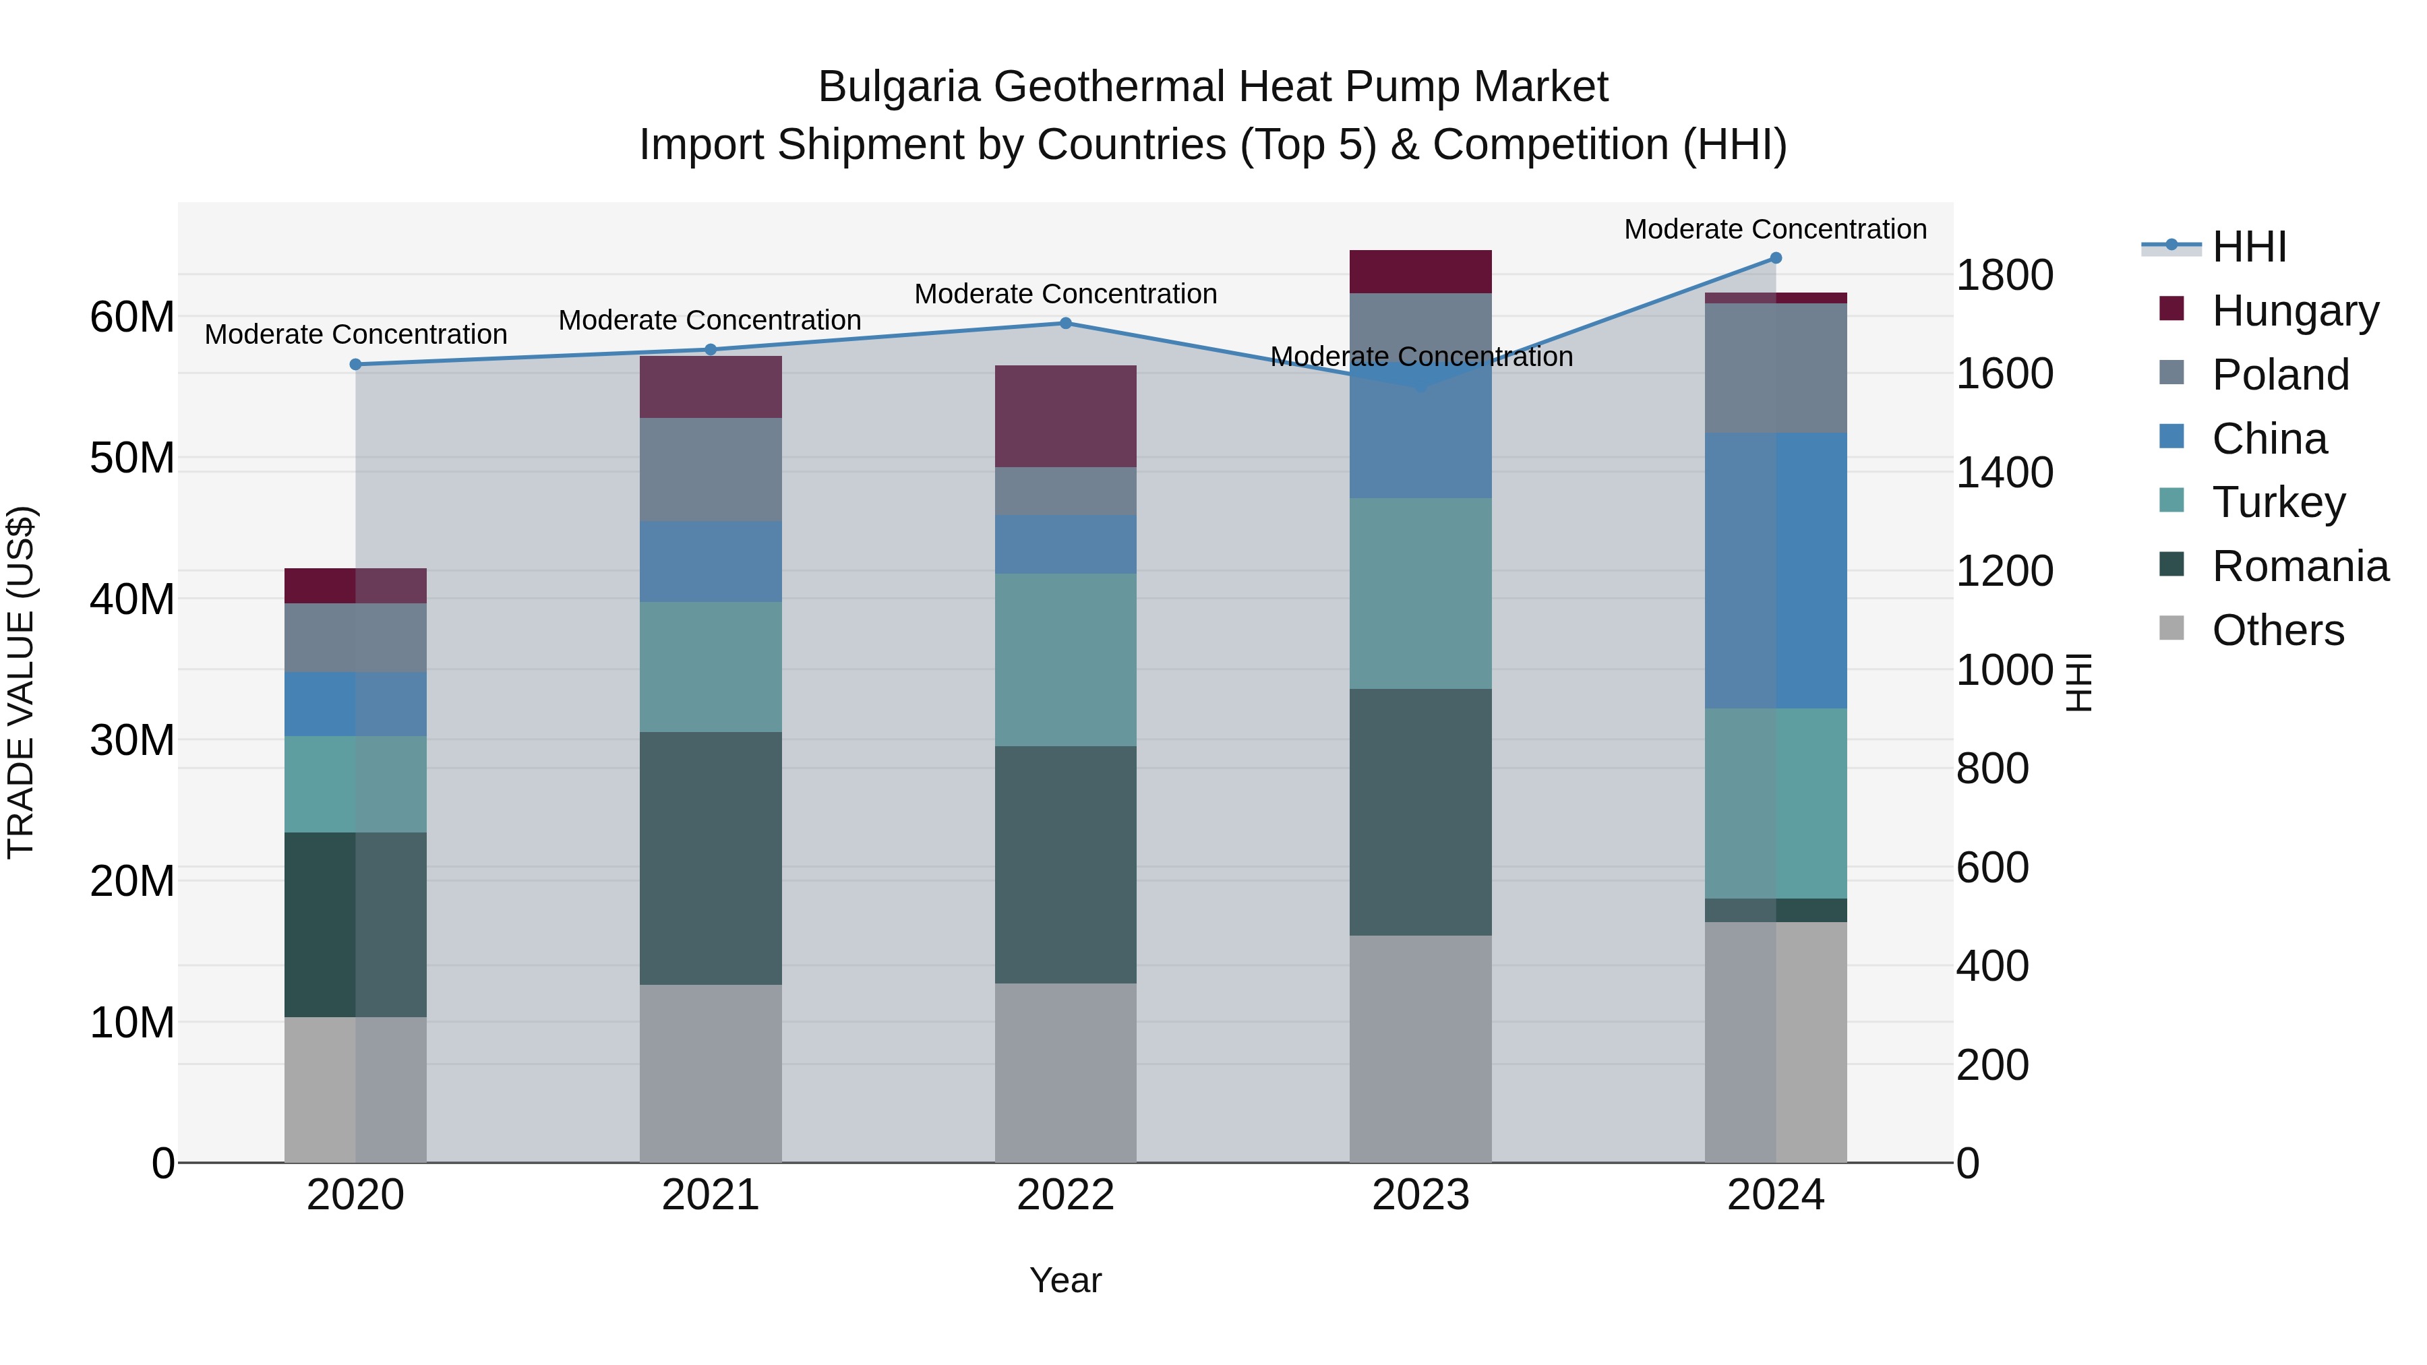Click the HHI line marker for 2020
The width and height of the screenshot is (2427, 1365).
[x=355, y=365]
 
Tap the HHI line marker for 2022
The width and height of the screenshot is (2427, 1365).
[x=1066, y=323]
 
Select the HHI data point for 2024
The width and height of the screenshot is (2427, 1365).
[x=1776, y=258]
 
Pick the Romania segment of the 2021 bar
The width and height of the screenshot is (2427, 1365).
[x=711, y=857]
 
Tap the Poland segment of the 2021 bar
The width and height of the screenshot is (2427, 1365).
[x=711, y=469]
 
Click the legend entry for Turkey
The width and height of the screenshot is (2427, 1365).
[x=2277, y=502]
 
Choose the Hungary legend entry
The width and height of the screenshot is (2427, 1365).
[x=2294, y=311]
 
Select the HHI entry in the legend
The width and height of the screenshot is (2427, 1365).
[x=2248, y=247]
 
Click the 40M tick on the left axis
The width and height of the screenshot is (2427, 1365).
[x=132, y=599]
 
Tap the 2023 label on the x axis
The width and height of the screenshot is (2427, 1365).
[x=1420, y=1195]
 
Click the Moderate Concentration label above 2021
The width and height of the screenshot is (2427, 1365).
[x=711, y=320]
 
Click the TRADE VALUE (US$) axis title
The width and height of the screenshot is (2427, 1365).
[x=21, y=682]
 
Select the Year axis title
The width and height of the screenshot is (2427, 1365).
[x=1066, y=1280]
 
